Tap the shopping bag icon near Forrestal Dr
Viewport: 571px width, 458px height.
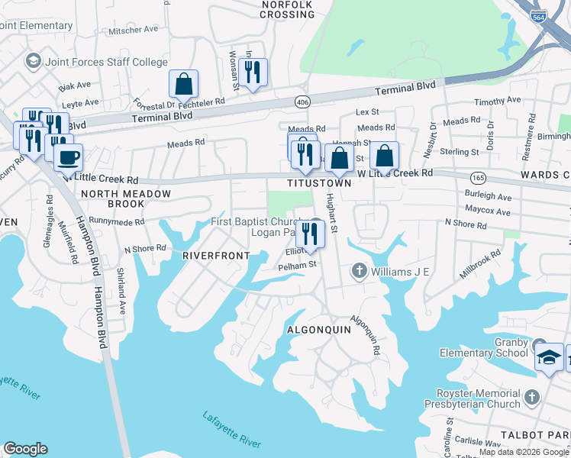pos(183,83)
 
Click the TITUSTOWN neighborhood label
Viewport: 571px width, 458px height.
pos(319,184)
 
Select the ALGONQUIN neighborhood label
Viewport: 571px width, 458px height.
pos(318,330)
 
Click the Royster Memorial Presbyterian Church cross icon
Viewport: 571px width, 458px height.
pos(532,397)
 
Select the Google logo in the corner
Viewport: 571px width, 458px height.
pos(25,449)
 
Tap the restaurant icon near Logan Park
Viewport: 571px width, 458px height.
pos(310,232)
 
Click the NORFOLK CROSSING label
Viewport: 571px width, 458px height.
pos(287,9)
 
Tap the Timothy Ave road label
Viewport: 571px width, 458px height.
pos(497,100)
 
